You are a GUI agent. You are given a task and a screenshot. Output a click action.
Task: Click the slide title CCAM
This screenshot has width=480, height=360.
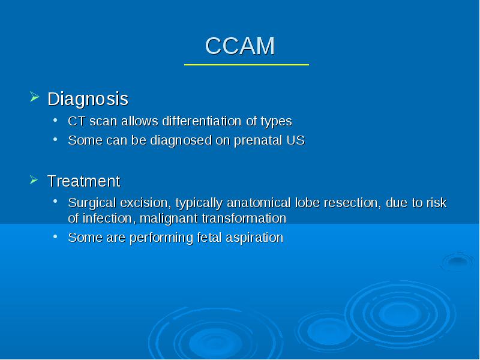coord(240,46)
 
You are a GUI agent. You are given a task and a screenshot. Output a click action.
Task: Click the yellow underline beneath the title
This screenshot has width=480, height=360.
coord(247,65)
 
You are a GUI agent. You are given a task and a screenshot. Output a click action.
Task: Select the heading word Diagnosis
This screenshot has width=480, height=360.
coord(88,99)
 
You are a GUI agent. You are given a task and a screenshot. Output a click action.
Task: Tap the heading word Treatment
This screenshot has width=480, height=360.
coord(84,181)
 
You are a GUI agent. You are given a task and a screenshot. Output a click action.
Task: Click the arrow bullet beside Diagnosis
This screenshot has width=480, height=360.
coord(35,97)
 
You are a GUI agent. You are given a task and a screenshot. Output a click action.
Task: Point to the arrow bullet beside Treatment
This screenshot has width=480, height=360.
coord(34,179)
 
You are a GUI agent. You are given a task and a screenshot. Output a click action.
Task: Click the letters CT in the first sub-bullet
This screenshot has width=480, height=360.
coord(76,121)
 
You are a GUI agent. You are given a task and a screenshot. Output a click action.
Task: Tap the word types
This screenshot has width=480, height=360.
coord(277,122)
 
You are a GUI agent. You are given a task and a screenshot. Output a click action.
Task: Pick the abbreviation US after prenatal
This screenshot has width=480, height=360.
coord(296,140)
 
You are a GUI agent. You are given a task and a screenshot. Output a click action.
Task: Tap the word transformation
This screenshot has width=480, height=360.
coord(244,218)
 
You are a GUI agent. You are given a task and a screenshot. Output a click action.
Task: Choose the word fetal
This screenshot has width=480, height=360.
coord(209,238)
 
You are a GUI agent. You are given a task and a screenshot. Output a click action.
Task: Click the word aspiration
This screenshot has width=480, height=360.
coord(254,238)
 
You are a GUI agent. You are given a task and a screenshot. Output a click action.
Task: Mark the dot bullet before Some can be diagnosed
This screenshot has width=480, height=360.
coord(55,140)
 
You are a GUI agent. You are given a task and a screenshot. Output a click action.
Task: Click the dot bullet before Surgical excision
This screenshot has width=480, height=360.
coord(55,202)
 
